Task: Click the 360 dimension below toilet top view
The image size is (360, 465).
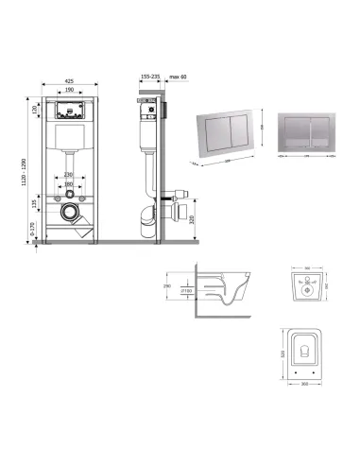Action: pos(302,383)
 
